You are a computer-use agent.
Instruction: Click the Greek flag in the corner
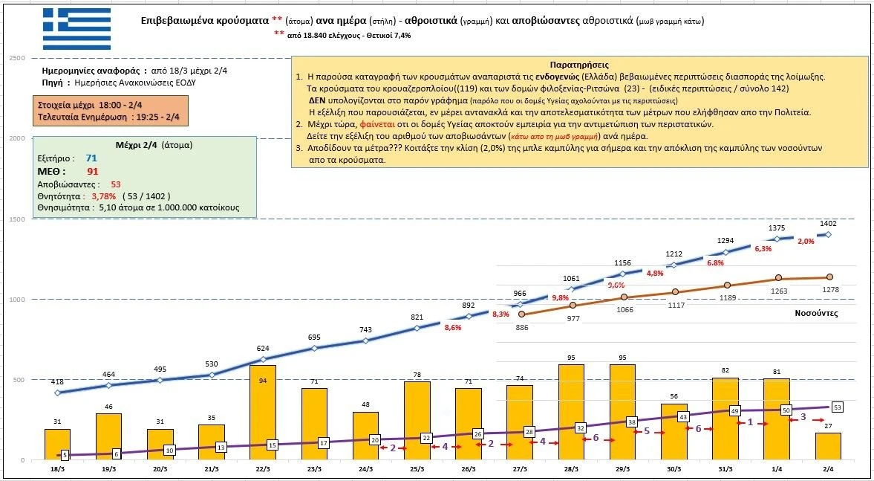pyautogui.click(x=76, y=29)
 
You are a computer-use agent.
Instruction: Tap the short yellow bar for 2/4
pyautogui.click(x=828, y=446)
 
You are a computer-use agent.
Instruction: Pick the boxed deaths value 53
pyautogui.click(x=837, y=407)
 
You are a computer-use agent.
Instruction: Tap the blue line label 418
pyautogui.click(x=57, y=381)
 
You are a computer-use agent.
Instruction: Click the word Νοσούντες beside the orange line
pyautogui.click(x=815, y=313)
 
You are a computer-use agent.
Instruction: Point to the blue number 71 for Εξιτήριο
pyautogui.click(x=91, y=158)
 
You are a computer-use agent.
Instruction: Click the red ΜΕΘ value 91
pyautogui.click(x=93, y=171)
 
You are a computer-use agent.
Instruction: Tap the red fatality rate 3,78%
pyautogui.click(x=104, y=196)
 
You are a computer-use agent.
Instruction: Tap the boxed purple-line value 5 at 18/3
pyautogui.click(x=65, y=455)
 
